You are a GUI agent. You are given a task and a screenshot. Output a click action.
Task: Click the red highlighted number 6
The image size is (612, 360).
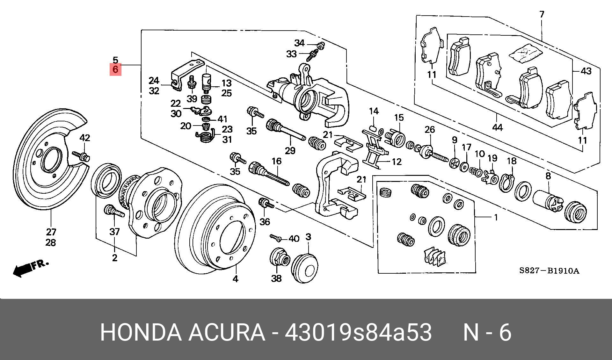coord(115,69)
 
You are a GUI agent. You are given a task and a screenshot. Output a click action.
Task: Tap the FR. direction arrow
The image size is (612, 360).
coord(30,268)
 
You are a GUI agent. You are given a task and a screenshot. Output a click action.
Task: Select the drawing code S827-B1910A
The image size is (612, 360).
coord(549,271)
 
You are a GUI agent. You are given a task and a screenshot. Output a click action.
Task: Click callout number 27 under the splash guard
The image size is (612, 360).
coord(51,232)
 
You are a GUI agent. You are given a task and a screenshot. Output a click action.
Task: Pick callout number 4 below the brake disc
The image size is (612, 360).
coord(235,279)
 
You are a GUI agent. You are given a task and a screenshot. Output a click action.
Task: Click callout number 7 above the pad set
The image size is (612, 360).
coord(542,14)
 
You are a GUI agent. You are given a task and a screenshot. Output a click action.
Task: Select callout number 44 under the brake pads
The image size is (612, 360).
coord(497,128)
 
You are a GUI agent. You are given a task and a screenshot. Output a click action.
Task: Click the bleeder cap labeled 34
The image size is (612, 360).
coord(321,46)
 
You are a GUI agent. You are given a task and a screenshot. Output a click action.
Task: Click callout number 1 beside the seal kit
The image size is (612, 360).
coord(496,218)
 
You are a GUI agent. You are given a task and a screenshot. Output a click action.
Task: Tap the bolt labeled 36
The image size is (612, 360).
coord(266,204)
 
